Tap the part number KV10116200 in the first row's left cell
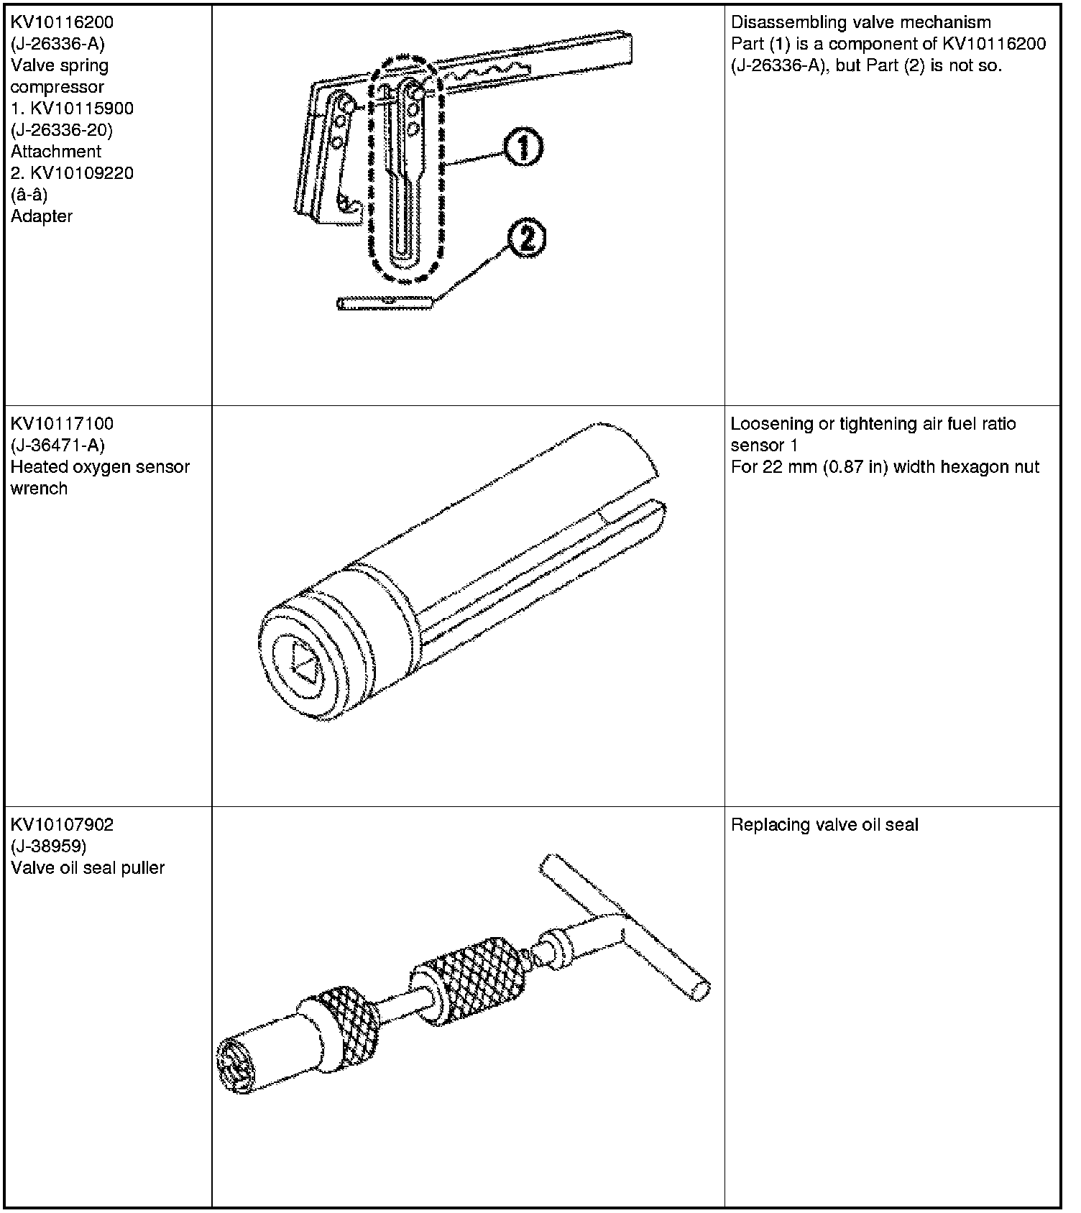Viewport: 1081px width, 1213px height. coord(62,22)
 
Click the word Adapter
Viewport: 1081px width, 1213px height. coord(42,216)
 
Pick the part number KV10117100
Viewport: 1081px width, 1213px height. coord(62,424)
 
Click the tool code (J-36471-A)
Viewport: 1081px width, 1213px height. coord(57,446)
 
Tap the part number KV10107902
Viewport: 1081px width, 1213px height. coord(62,824)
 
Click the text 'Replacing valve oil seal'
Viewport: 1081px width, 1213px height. coord(824,825)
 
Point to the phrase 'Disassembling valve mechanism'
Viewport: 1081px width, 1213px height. coord(860,22)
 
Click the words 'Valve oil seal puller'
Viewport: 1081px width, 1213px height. coord(88,868)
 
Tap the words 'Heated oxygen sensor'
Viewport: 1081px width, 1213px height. coord(100,467)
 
